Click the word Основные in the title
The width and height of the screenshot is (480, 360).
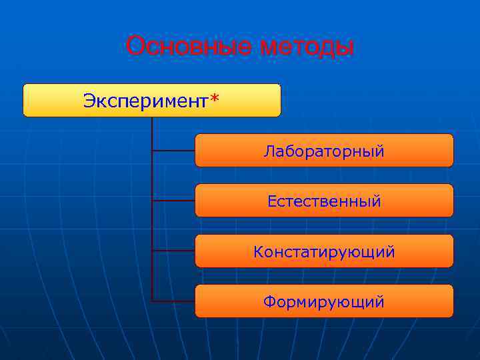189,47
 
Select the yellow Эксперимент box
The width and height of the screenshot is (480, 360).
152,100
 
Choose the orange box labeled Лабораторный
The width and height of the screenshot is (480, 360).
324,151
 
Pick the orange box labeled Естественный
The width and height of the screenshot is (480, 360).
324,201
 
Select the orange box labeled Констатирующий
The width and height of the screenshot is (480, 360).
324,251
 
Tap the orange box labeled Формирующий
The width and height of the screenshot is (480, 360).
324,301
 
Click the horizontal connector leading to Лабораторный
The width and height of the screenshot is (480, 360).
173,151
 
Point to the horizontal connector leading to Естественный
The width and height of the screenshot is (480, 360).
173,200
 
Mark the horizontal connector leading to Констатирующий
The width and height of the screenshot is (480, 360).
173,251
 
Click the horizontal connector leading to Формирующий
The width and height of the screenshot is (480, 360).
173,301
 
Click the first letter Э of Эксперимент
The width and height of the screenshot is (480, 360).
88,101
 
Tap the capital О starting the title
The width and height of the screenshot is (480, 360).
135,47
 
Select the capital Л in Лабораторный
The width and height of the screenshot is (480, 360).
268,151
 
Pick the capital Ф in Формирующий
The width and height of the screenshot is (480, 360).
269,302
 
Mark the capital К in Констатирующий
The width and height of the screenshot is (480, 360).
258,252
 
